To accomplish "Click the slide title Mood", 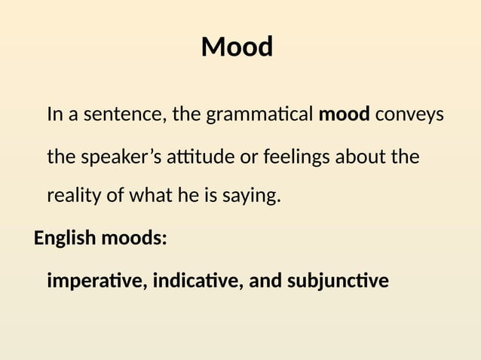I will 237,47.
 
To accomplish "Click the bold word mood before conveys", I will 344,115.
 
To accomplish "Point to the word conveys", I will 409,115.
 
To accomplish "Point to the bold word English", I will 65,239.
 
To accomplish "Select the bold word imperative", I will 97,282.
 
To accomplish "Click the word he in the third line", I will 187,197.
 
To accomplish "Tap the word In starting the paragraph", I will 54,115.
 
